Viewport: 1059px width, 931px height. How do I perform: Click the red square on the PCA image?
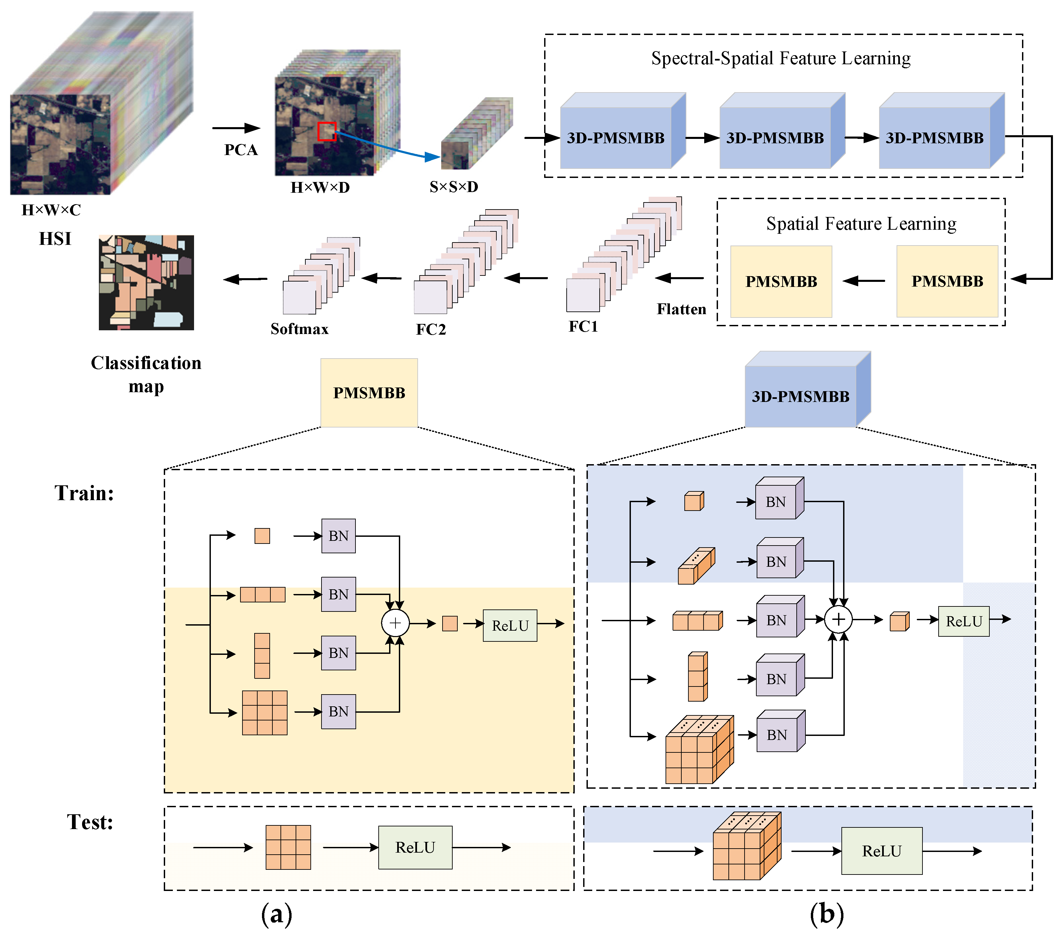coord(327,132)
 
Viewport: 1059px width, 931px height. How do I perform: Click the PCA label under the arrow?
coord(240,150)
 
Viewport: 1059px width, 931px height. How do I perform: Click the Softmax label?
coord(299,329)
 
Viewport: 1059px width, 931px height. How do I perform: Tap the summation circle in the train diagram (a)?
coord(395,623)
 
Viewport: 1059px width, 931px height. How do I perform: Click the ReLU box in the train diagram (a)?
coord(510,625)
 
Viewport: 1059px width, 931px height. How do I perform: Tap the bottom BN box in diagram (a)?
coord(338,711)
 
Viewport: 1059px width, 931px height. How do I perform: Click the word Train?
coord(84,493)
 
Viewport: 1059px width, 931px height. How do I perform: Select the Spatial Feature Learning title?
coord(861,224)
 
